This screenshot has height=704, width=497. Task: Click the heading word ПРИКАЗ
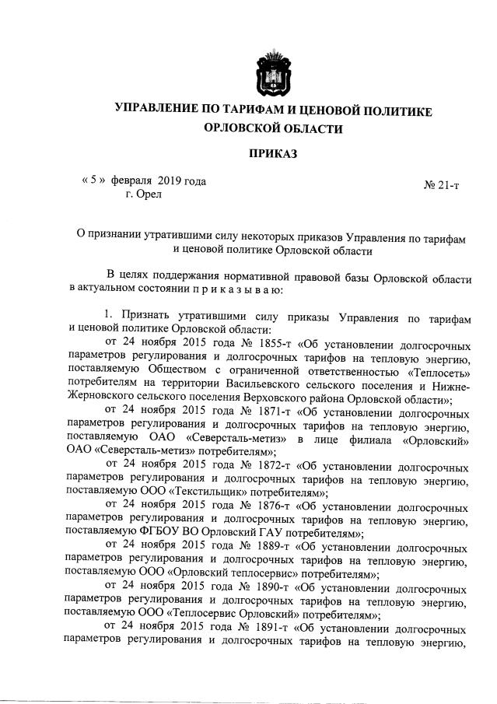click(x=273, y=154)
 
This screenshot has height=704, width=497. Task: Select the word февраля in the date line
click(x=131, y=181)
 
